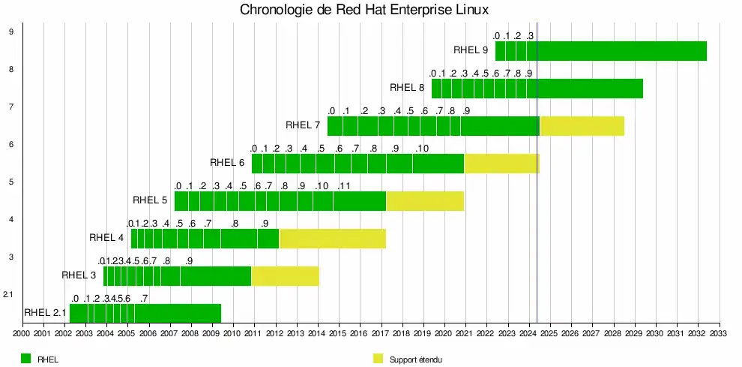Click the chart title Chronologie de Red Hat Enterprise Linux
pyautogui.click(x=364, y=10)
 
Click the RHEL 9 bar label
pyautogui.click(x=471, y=50)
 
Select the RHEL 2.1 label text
pyautogui.click(x=45, y=313)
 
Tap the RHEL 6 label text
pyautogui.click(x=227, y=162)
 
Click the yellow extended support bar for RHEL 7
pyautogui.click(x=582, y=126)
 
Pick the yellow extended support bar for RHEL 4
pyautogui.click(x=332, y=239)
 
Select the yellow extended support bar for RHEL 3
pyautogui.click(x=285, y=276)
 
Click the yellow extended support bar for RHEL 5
pyautogui.click(x=424, y=201)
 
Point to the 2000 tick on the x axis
pyautogui.click(x=21, y=333)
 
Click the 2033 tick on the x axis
pyautogui.click(x=719, y=333)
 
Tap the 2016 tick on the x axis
pyautogui.click(x=359, y=333)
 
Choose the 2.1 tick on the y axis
pyautogui.click(x=8, y=294)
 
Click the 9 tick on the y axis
pyautogui.click(x=10, y=32)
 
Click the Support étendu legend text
pyautogui.click(x=415, y=359)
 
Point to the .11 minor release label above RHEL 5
pyautogui.click(x=345, y=186)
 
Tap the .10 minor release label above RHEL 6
pyautogui.click(x=422, y=149)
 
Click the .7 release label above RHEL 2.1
pyautogui.click(x=143, y=299)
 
